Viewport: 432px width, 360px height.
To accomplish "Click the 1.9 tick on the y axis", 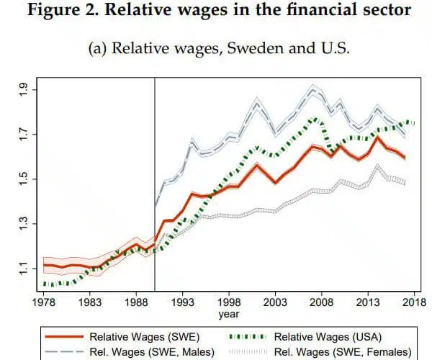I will tap(24, 89).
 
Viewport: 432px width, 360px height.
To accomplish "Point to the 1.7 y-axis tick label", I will tap(24, 134).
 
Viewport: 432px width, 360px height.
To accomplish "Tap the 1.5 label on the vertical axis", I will tap(24, 179).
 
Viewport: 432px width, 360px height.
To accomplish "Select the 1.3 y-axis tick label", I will tap(24, 224).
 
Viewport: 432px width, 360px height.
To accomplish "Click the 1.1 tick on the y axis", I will tap(24, 269).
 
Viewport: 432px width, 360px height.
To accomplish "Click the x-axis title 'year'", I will tap(229, 315).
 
